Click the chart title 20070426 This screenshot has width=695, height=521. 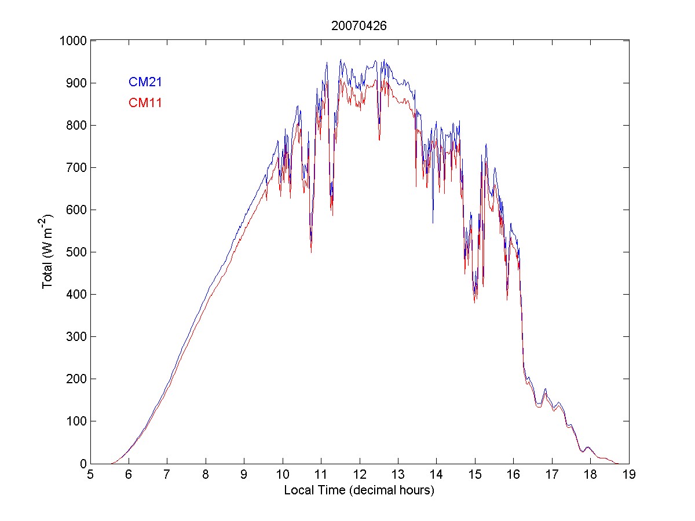pos(359,26)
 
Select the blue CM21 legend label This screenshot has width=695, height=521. pos(145,82)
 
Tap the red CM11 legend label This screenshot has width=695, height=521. pos(145,103)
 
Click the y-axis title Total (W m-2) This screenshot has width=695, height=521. pos(47,252)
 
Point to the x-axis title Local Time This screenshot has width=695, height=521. pos(359,490)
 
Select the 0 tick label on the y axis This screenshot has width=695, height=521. pos(83,463)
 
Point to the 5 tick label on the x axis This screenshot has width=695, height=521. pos(90,475)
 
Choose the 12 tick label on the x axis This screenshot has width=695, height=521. pos(359,475)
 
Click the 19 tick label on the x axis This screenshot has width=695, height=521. pos(628,475)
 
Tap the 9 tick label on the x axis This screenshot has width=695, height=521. pos(244,475)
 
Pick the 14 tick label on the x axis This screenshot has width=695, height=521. pos(436,475)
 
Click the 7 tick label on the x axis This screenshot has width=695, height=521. pos(167,475)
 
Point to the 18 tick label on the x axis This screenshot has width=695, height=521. pos(590,475)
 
